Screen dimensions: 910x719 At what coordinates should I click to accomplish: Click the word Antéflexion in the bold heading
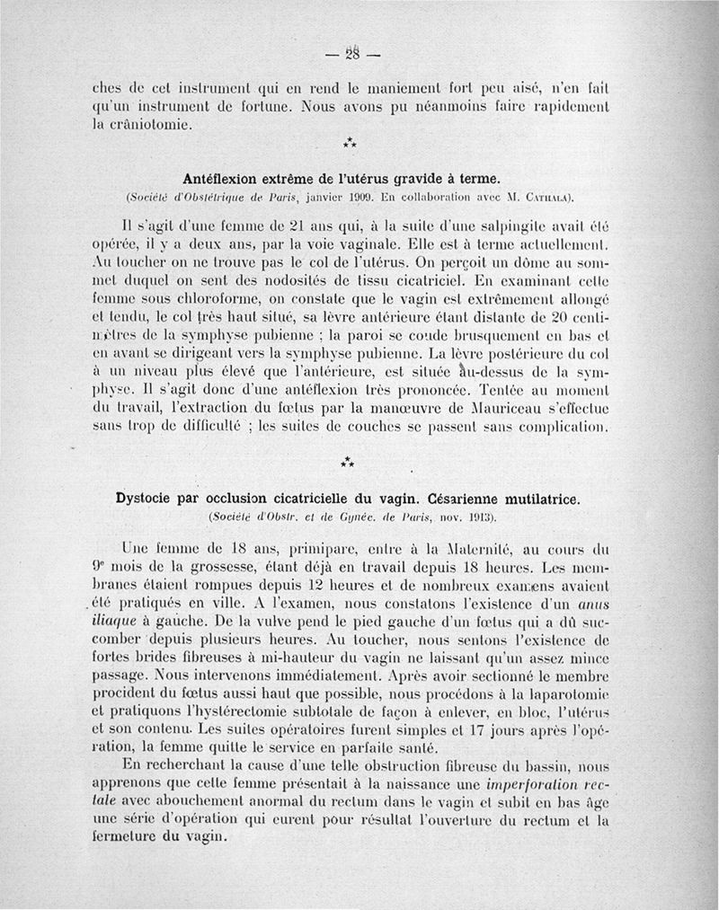point(222,176)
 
